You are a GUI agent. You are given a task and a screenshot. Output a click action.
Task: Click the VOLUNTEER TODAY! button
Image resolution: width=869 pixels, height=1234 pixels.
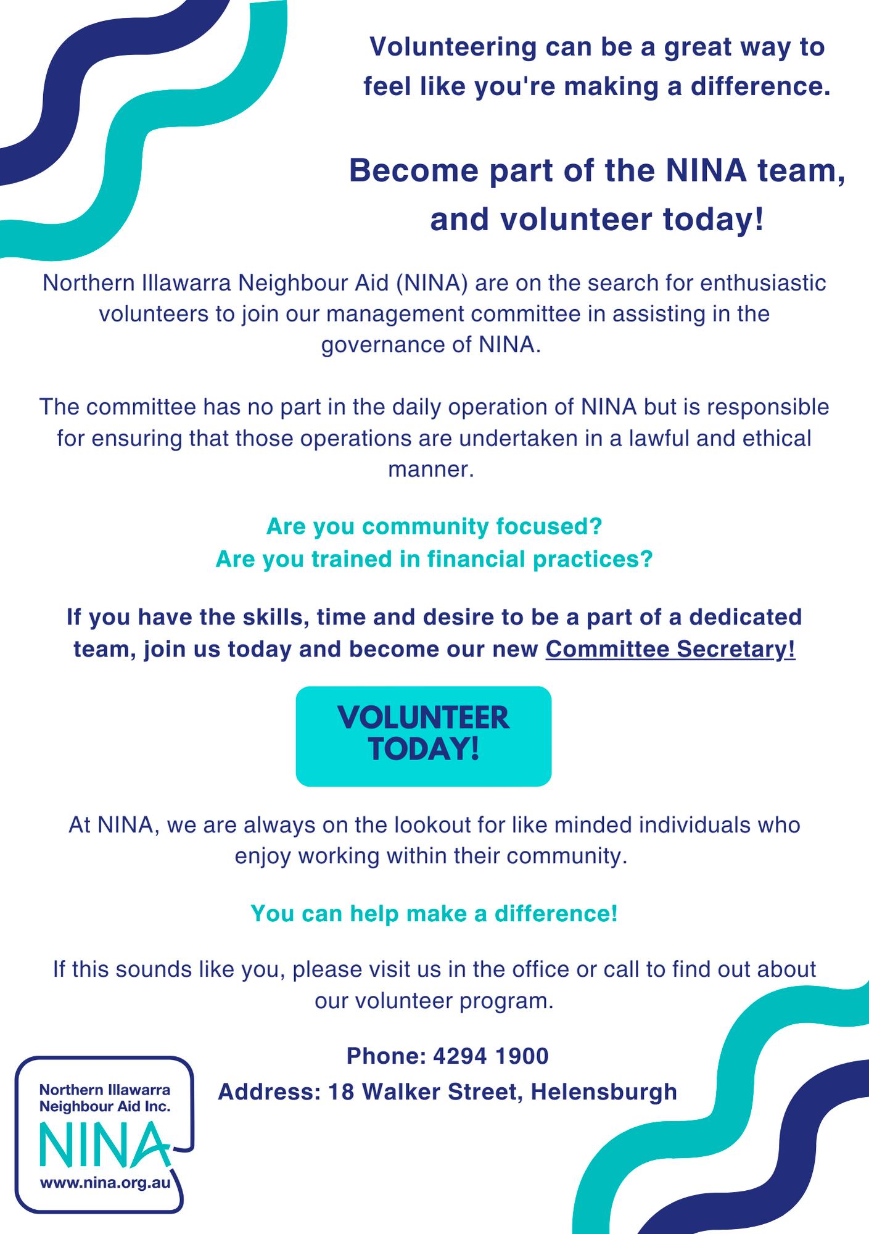(423, 735)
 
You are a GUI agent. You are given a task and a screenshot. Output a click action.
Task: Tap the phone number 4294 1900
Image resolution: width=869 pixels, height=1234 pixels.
(491, 1056)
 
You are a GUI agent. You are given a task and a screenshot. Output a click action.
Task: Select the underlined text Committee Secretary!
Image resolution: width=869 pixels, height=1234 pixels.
(670, 650)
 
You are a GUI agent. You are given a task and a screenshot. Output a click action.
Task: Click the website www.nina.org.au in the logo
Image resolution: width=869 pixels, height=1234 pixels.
(105, 1183)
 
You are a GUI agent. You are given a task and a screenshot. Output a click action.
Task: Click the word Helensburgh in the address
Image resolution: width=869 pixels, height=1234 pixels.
(604, 1092)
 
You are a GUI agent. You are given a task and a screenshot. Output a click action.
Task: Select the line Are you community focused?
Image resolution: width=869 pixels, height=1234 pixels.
(434, 526)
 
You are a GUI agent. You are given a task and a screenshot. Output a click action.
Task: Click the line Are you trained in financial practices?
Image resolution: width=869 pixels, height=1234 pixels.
(434, 559)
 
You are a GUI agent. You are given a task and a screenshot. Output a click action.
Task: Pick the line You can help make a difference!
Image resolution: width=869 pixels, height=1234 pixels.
(434, 914)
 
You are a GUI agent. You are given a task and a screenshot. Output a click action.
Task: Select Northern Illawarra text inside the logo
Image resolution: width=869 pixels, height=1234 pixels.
(105, 1090)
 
